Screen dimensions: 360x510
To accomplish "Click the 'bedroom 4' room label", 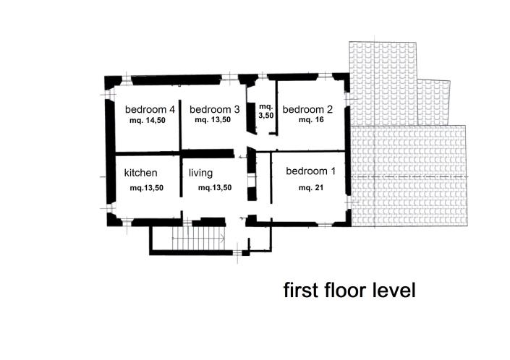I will (x=150, y=110).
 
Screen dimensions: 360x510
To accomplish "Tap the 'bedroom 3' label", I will (x=214, y=110).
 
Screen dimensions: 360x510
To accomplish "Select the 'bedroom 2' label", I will (x=307, y=110).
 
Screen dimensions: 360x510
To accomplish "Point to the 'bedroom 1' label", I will (x=311, y=172).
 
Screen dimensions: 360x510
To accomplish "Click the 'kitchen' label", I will (x=141, y=173).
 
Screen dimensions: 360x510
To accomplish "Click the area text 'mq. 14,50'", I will (x=148, y=121).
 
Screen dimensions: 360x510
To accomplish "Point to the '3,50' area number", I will (x=266, y=115).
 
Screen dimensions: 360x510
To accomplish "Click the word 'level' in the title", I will (x=394, y=291).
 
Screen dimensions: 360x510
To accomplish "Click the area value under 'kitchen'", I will (x=147, y=188).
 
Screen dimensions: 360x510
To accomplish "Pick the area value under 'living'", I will (x=216, y=188).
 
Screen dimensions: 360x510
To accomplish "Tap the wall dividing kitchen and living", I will (x=180, y=184).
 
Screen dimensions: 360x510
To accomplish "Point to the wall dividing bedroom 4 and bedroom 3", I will (x=179, y=116).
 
